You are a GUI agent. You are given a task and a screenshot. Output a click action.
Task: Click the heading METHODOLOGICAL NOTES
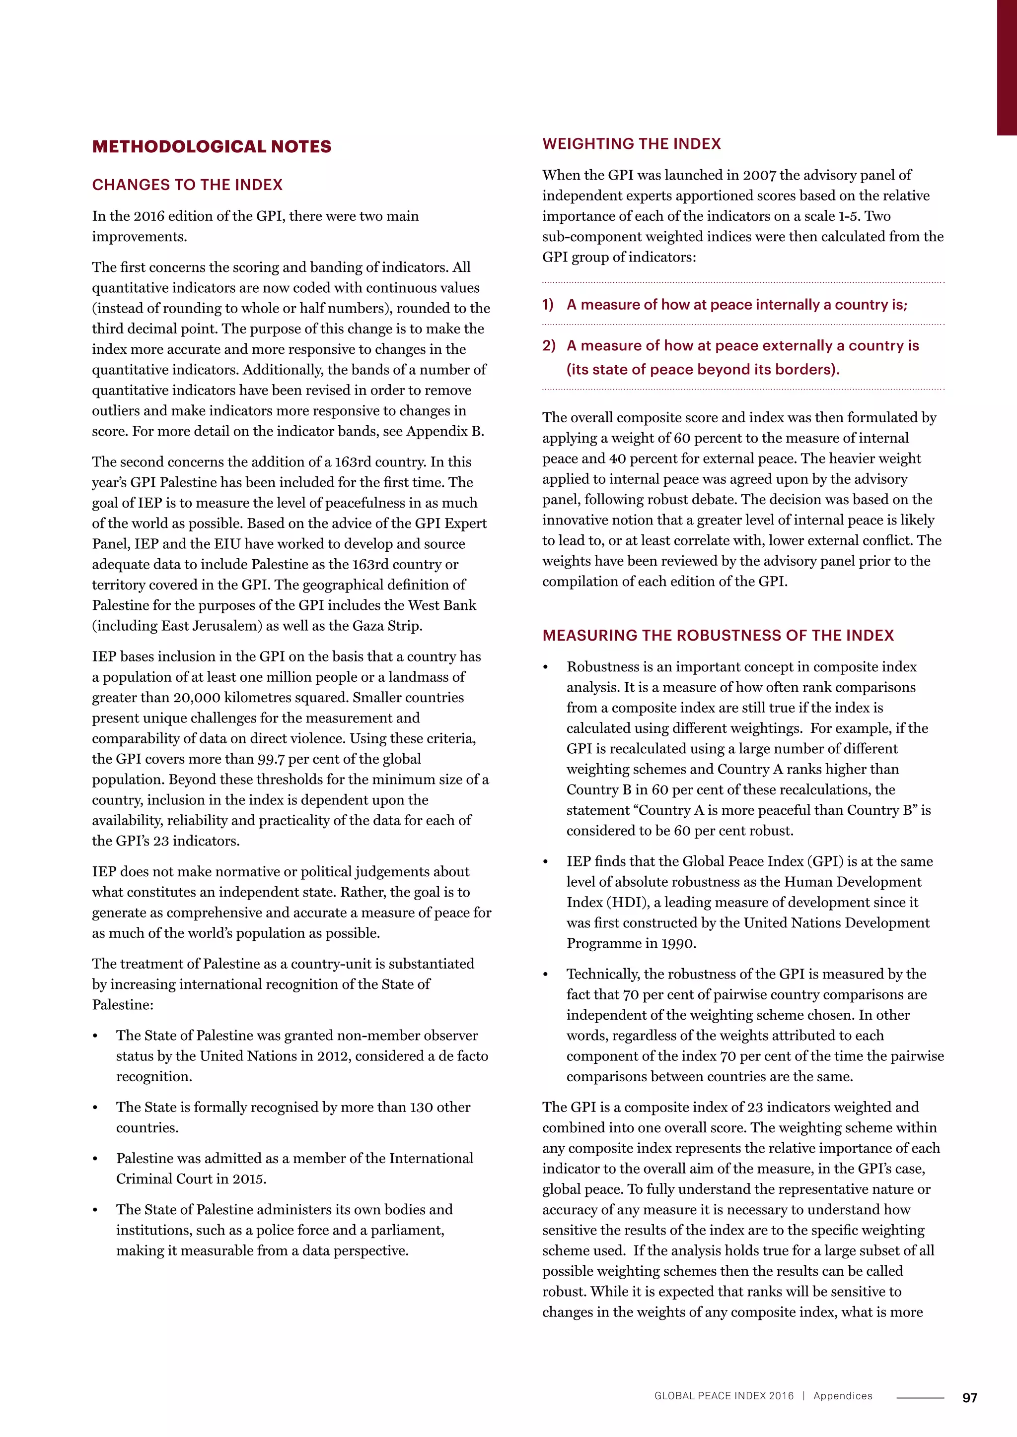[x=212, y=146]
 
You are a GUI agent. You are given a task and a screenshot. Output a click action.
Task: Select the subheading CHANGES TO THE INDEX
[x=187, y=185]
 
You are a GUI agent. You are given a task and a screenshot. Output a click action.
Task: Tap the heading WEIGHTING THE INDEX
[x=631, y=144]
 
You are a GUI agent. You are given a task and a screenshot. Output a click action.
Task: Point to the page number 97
[x=969, y=1398]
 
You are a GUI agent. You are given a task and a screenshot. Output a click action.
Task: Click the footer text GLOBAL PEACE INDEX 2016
[x=724, y=1396]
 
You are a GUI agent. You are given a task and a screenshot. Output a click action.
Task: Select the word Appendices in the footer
[x=842, y=1396]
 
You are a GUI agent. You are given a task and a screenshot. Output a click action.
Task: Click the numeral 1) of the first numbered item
[x=548, y=305]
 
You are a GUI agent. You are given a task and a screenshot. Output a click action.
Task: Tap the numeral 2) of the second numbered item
[x=549, y=346]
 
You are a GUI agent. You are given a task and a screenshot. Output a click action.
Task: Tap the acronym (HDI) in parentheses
[x=631, y=903]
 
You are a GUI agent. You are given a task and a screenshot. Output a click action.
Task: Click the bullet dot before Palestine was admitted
[x=95, y=1159]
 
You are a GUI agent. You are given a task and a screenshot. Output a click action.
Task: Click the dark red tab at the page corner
[x=1007, y=67]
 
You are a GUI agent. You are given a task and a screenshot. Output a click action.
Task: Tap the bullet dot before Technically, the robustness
[x=545, y=975]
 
